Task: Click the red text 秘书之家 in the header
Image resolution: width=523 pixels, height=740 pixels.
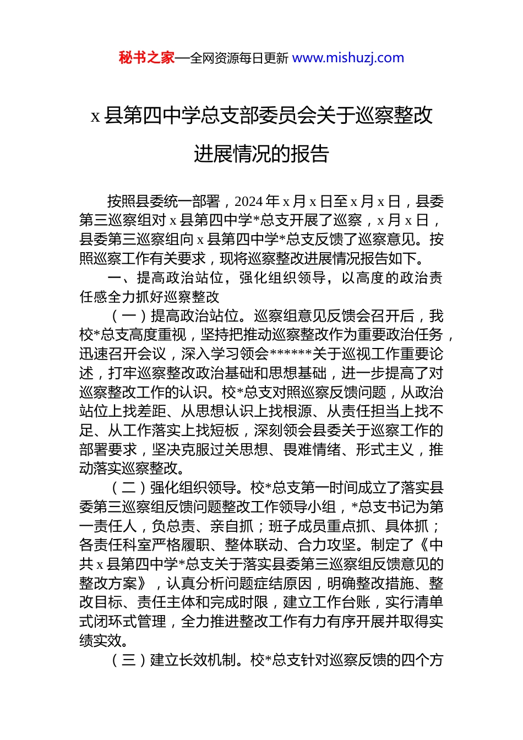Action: tap(146, 58)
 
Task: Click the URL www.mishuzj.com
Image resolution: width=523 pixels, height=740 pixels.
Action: tap(348, 58)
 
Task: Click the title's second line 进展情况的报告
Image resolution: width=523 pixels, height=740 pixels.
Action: tap(261, 154)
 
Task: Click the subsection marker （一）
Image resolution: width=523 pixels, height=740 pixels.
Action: tap(130, 316)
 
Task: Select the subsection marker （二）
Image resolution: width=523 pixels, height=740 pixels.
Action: tap(130, 488)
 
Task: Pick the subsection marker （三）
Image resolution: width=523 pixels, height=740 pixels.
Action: tap(130, 660)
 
